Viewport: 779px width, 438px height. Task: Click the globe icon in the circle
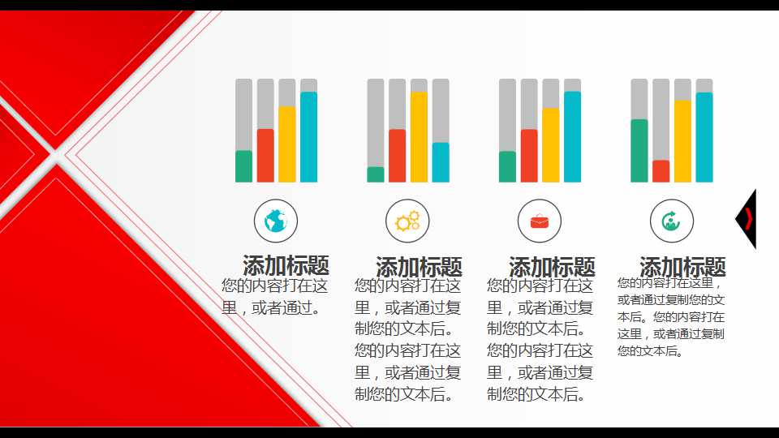coord(276,221)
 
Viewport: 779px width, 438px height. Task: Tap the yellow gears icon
coord(407,221)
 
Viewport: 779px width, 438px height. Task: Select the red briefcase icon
coord(540,221)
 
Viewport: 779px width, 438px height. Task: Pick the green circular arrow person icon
coord(671,221)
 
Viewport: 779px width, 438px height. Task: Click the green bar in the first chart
coord(243,166)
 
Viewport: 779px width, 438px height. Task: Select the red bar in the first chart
coord(265,155)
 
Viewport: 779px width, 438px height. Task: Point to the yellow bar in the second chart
coord(419,137)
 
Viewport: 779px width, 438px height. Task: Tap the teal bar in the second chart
coord(441,162)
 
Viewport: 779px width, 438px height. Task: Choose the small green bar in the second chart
coord(376,174)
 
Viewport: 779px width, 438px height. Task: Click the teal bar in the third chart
coord(572,136)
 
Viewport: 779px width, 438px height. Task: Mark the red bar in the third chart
coord(529,156)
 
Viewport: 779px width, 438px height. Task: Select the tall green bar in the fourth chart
coord(639,151)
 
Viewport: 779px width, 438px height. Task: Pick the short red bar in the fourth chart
coord(661,171)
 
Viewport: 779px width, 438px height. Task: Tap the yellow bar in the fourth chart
coord(682,141)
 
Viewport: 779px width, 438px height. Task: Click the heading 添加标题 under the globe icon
coord(286,265)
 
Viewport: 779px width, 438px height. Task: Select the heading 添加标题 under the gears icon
coord(419,267)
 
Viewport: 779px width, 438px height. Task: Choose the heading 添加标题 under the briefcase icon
coord(552,267)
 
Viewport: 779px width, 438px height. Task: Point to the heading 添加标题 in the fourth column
coord(682,267)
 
